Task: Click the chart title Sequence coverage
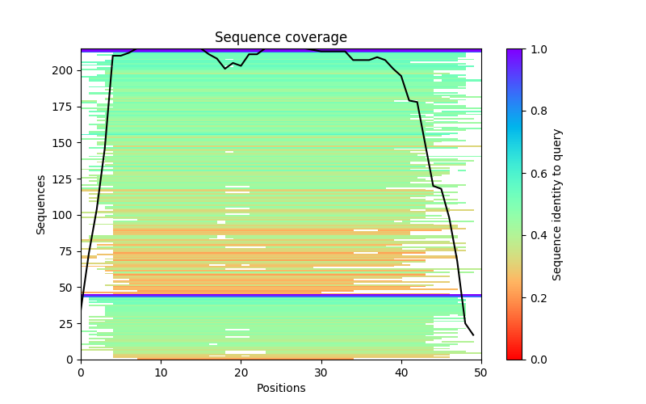(x=280, y=38)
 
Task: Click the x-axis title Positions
(x=280, y=388)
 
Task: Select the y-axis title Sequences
(x=41, y=204)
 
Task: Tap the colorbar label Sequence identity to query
(x=557, y=204)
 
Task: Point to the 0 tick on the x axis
(x=81, y=372)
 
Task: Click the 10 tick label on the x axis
(x=161, y=372)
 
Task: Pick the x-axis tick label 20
(x=241, y=372)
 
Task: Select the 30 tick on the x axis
(x=321, y=372)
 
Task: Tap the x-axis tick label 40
(x=401, y=372)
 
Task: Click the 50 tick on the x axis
(x=481, y=372)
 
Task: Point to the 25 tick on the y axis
(x=65, y=324)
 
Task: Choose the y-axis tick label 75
(x=65, y=251)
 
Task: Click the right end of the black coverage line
(x=473, y=335)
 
